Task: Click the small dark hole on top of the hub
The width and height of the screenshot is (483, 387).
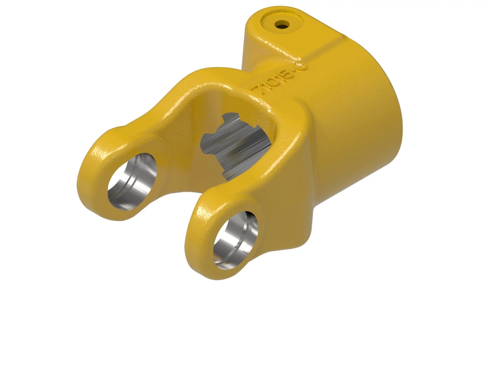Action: [x=281, y=25]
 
